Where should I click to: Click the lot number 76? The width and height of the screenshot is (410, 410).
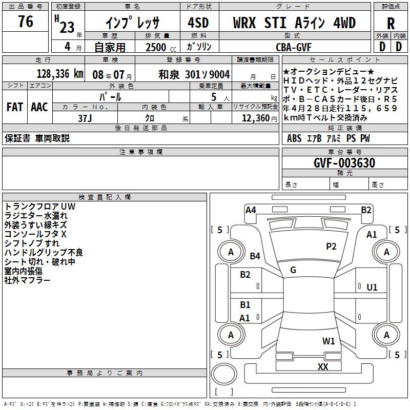25,22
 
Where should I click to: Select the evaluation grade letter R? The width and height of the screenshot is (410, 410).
391,24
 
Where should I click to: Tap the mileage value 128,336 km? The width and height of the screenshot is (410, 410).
60,74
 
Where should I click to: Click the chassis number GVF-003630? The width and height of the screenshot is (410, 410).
344,163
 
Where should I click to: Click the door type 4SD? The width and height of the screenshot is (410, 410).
198,23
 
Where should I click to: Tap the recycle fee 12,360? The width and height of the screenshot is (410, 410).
255,118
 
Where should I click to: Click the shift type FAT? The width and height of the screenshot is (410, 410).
14,107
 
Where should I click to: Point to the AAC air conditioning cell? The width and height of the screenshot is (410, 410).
39,107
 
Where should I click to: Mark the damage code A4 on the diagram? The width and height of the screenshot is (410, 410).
251,210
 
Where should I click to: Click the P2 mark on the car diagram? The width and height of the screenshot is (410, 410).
331,247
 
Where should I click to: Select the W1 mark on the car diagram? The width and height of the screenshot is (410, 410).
329,341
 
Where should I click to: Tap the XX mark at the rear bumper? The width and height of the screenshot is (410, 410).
322,366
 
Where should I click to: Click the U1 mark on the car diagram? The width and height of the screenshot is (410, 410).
372,288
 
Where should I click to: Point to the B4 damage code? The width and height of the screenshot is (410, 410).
255,256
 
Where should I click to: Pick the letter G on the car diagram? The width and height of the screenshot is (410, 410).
293,270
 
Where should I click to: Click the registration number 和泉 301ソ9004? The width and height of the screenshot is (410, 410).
194,74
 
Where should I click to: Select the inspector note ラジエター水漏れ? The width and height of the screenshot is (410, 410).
36,215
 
